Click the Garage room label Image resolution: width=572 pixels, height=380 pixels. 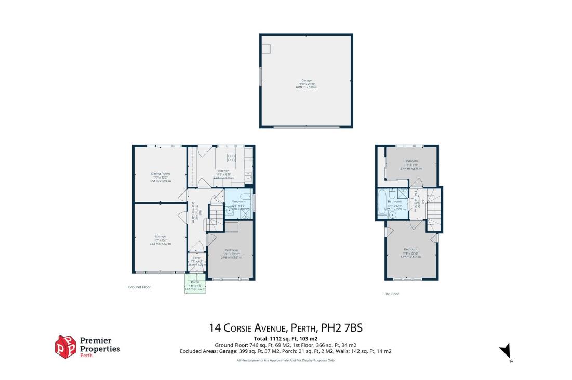307,80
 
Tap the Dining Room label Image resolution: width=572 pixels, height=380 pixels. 161,173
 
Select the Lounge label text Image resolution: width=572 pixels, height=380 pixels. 160,236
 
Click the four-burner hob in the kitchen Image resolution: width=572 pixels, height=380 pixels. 232,158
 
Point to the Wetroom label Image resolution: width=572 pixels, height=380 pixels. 238,201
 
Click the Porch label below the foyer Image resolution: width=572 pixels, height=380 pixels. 195,282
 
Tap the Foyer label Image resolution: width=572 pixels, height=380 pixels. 196,258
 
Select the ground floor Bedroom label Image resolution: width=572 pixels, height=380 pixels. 231,250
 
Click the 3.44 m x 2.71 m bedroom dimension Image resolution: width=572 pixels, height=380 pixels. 411,169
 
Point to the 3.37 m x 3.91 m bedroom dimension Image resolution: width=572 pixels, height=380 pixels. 410,256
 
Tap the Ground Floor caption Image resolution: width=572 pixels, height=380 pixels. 139,287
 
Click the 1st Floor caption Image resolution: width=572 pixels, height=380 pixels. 392,294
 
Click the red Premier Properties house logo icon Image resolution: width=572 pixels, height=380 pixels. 65,346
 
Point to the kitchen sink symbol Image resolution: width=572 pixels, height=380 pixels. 248,176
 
